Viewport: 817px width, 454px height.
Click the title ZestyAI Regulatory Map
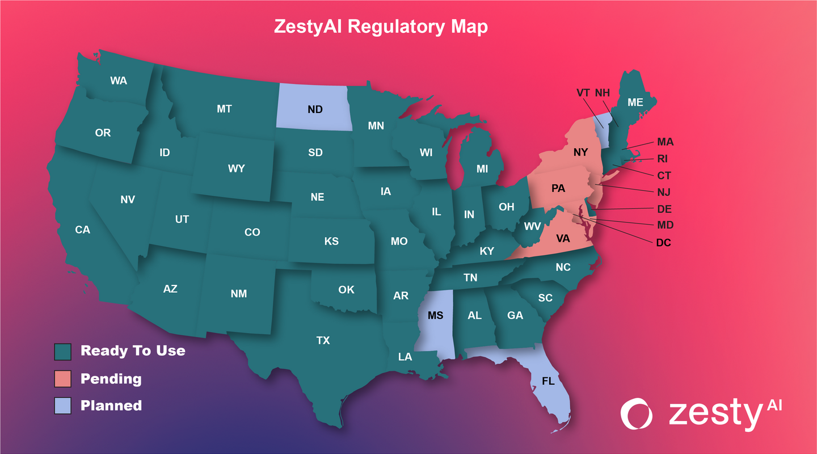[381, 27]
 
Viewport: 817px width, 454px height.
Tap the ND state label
[315, 109]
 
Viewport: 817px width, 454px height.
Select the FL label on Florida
[548, 381]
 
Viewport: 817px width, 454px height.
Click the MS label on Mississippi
[435, 316]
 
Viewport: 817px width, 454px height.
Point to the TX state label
[323, 340]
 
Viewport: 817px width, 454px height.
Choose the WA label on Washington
[119, 81]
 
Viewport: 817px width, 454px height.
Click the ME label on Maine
[635, 103]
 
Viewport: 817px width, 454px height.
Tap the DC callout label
[663, 243]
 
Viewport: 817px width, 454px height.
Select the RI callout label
[663, 159]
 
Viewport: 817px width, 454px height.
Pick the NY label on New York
[580, 152]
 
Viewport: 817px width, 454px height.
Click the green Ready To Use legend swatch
[62, 351]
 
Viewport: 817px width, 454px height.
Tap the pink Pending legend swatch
[62, 379]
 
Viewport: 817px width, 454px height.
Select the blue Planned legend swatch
[62, 406]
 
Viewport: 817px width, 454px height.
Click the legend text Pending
[111, 379]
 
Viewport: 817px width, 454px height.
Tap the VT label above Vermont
[583, 93]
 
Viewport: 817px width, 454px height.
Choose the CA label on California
[82, 230]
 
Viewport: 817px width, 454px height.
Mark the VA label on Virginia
[563, 239]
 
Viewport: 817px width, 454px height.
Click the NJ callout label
[664, 192]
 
